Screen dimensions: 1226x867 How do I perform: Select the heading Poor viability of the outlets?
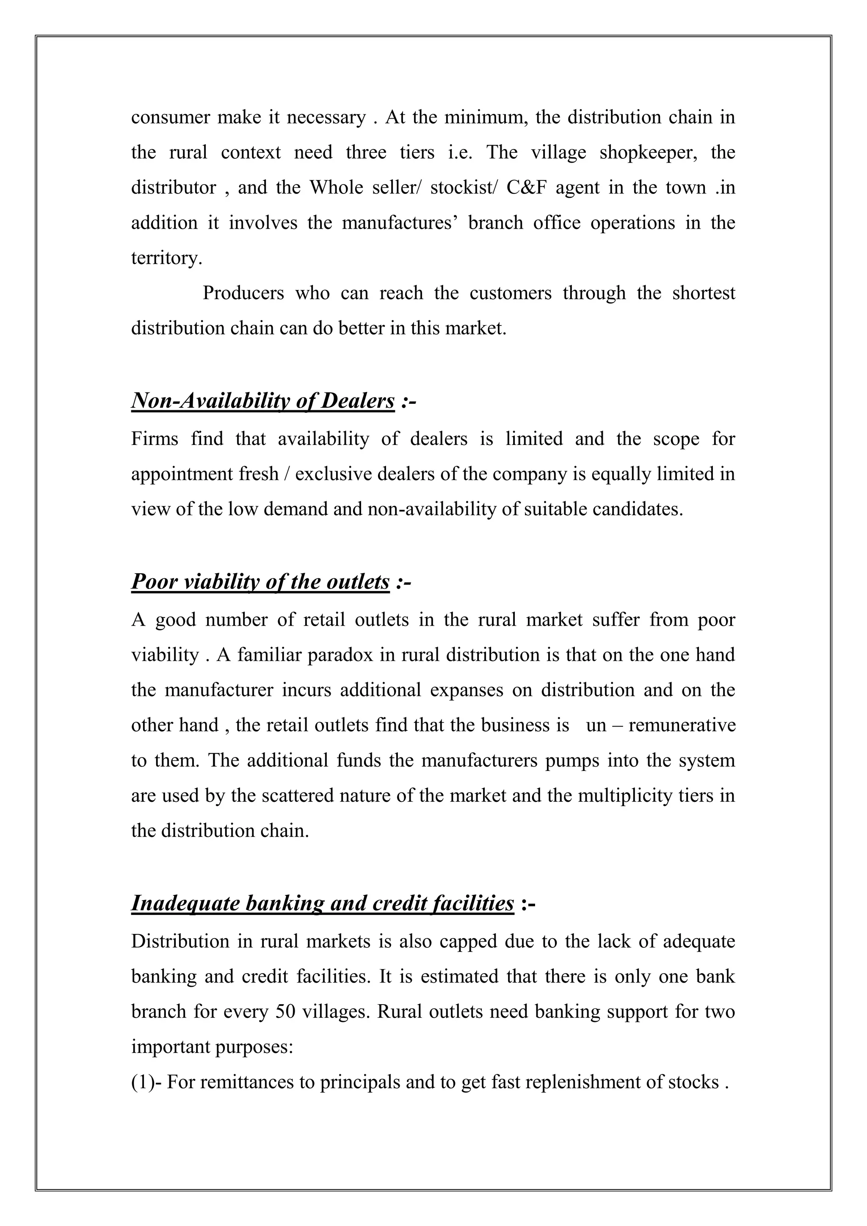coord(260,582)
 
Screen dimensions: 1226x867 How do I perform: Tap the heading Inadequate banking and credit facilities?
coord(323,903)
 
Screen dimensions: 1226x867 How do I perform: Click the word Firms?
coord(155,439)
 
